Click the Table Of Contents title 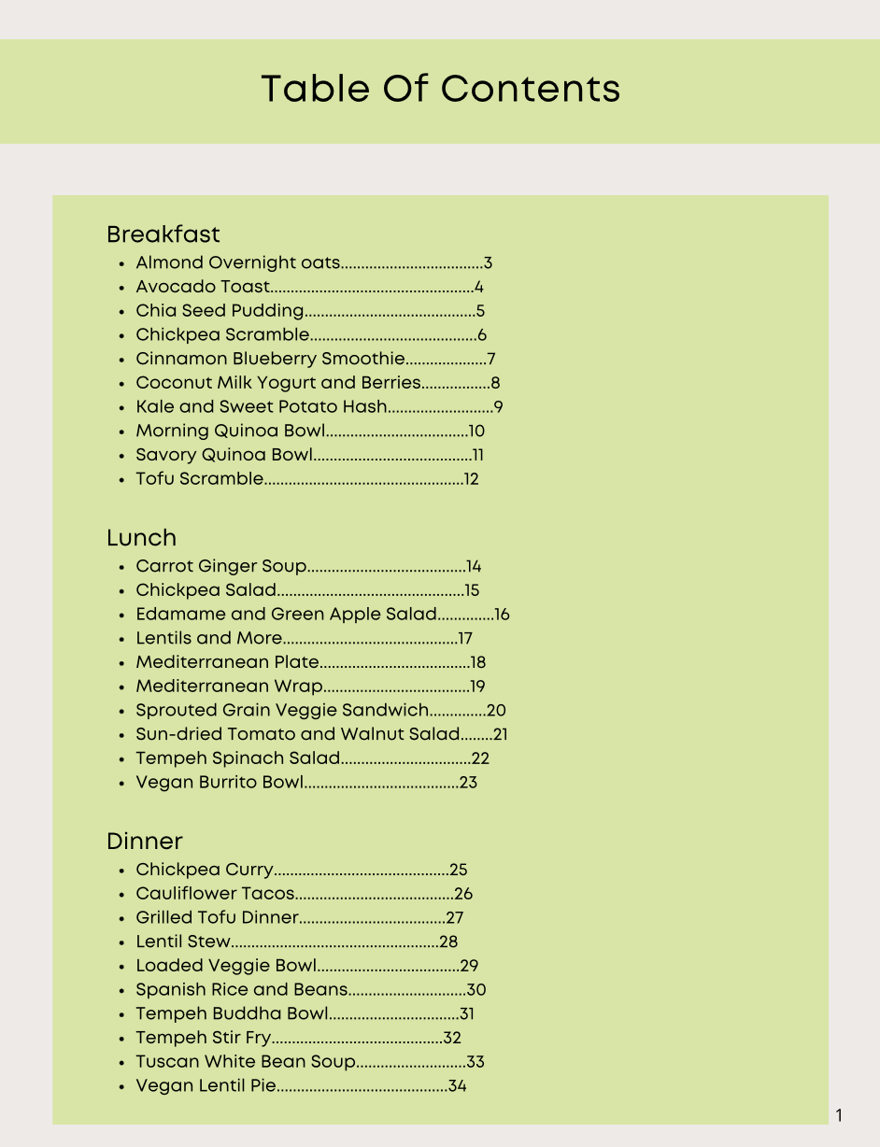tap(440, 89)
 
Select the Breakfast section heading tap(163, 234)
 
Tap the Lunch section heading tap(141, 537)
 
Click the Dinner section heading tap(145, 841)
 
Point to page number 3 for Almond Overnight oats tap(488, 263)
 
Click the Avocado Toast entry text tap(203, 288)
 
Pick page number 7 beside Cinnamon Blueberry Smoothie tap(490, 360)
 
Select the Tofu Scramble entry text tap(200, 479)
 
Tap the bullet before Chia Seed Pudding tap(122, 312)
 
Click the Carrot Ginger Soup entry tap(221, 566)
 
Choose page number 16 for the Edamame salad tap(502, 615)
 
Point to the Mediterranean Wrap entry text tap(229, 687)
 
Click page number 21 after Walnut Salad tap(500, 735)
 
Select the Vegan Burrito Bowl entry tap(220, 783)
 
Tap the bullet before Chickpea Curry tap(122, 871)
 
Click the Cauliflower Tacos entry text tap(215, 894)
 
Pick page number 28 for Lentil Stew tap(448, 942)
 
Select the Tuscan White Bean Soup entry tap(246, 1062)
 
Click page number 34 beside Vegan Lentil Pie tap(457, 1086)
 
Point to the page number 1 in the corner tap(839, 1115)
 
